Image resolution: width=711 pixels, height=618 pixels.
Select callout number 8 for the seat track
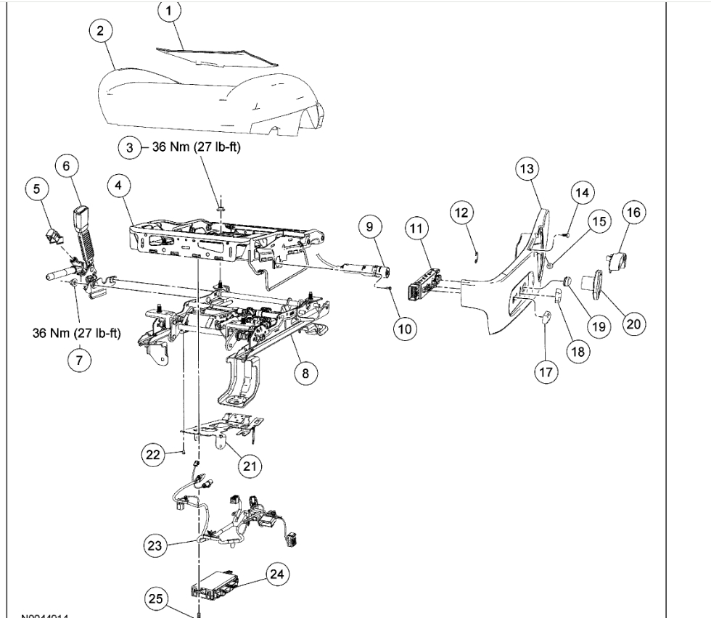(x=305, y=373)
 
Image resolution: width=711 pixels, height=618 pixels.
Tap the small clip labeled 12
(x=474, y=250)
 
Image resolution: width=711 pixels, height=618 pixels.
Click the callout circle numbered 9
(x=369, y=227)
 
